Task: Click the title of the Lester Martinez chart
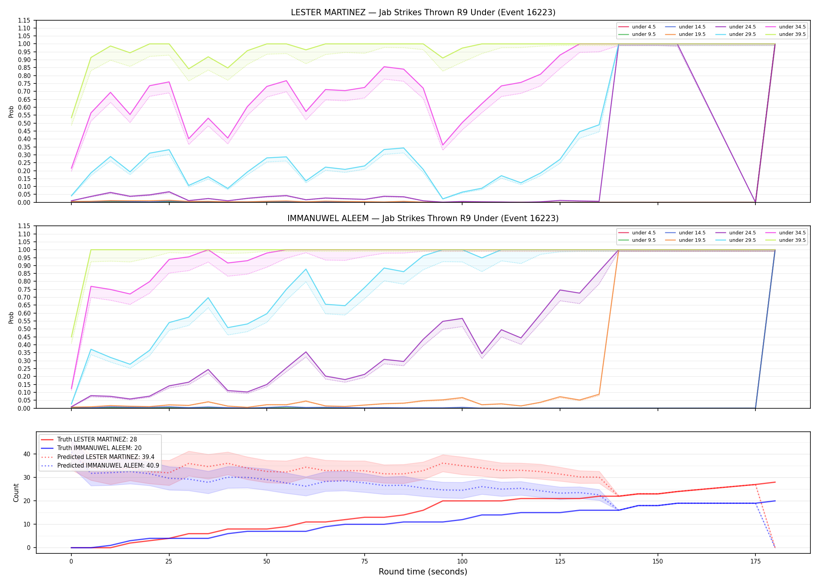point(423,12)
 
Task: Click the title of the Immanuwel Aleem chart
point(423,218)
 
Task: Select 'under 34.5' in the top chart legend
point(792,27)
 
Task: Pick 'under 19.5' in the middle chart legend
point(692,240)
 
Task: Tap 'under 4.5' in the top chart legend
point(643,27)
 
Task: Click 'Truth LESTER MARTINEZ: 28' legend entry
point(97,440)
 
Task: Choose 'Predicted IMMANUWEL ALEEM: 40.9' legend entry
point(108,466)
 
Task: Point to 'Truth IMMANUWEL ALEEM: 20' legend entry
point(99,448)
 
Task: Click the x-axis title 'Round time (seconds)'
point(423,572)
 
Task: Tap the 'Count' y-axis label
point(16,493)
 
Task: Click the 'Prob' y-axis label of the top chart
point(11,112)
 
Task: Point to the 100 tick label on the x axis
point(462,562)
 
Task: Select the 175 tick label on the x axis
point(755,562)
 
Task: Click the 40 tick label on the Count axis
point(27,454)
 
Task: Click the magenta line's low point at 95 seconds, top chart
point(443,145)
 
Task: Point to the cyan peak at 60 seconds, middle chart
point(306,269)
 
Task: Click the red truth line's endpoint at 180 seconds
point(775,482)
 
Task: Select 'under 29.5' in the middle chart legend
point(742,240)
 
